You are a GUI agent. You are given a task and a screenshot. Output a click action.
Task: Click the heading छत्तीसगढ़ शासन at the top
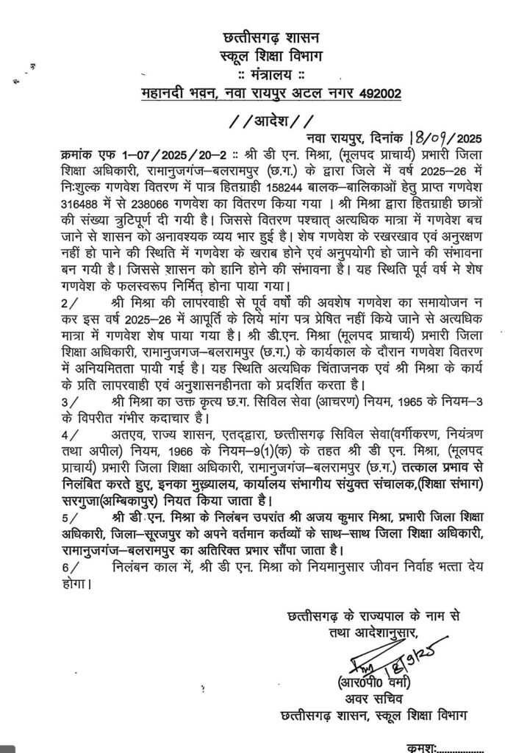tap(266, 38)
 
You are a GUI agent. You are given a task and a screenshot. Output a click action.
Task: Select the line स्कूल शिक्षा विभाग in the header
tap(266, 57)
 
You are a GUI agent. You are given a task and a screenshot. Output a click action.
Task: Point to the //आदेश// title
tap(266, 119)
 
